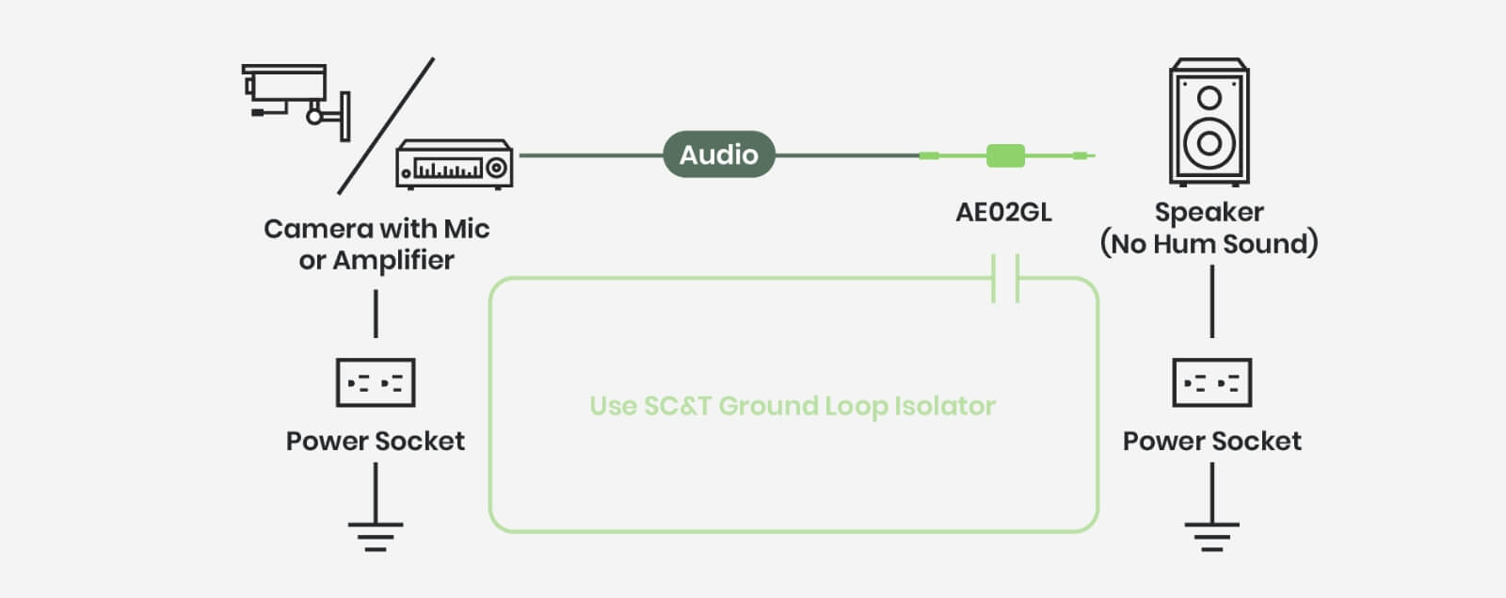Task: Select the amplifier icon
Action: pos(455,165)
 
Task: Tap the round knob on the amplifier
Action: pos(496,169)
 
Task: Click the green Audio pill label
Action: pos(718,154)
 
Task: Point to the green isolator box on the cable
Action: pos(1004,155)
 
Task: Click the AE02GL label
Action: pos(1003,213)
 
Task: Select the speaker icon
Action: pos(1210,122)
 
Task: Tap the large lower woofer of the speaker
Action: pos(1210,144)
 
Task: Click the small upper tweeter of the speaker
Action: pos(1210,98)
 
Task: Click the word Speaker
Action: pos(1210,212)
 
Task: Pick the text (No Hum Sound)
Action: pos(1210,244)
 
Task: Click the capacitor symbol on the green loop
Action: pos(1005,278)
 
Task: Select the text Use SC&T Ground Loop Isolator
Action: pos(793,406)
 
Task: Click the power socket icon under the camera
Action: pos(376,382)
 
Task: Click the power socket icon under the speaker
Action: pos(1211,382)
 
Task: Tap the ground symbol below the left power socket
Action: pos(376,536)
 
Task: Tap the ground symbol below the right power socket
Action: pos(1211,536)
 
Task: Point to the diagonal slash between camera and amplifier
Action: pos(386,125)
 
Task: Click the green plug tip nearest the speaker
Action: pos(1082,155)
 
